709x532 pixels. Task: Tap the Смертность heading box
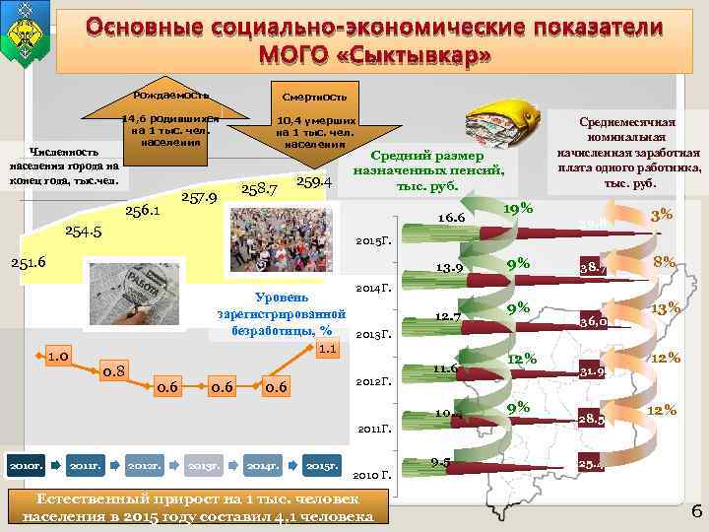(x=314, y=99)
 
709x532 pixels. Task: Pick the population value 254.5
(x=84, y=231)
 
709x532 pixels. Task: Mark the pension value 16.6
(x=453, y=215)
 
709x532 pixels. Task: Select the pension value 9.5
(x=440, y=462)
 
